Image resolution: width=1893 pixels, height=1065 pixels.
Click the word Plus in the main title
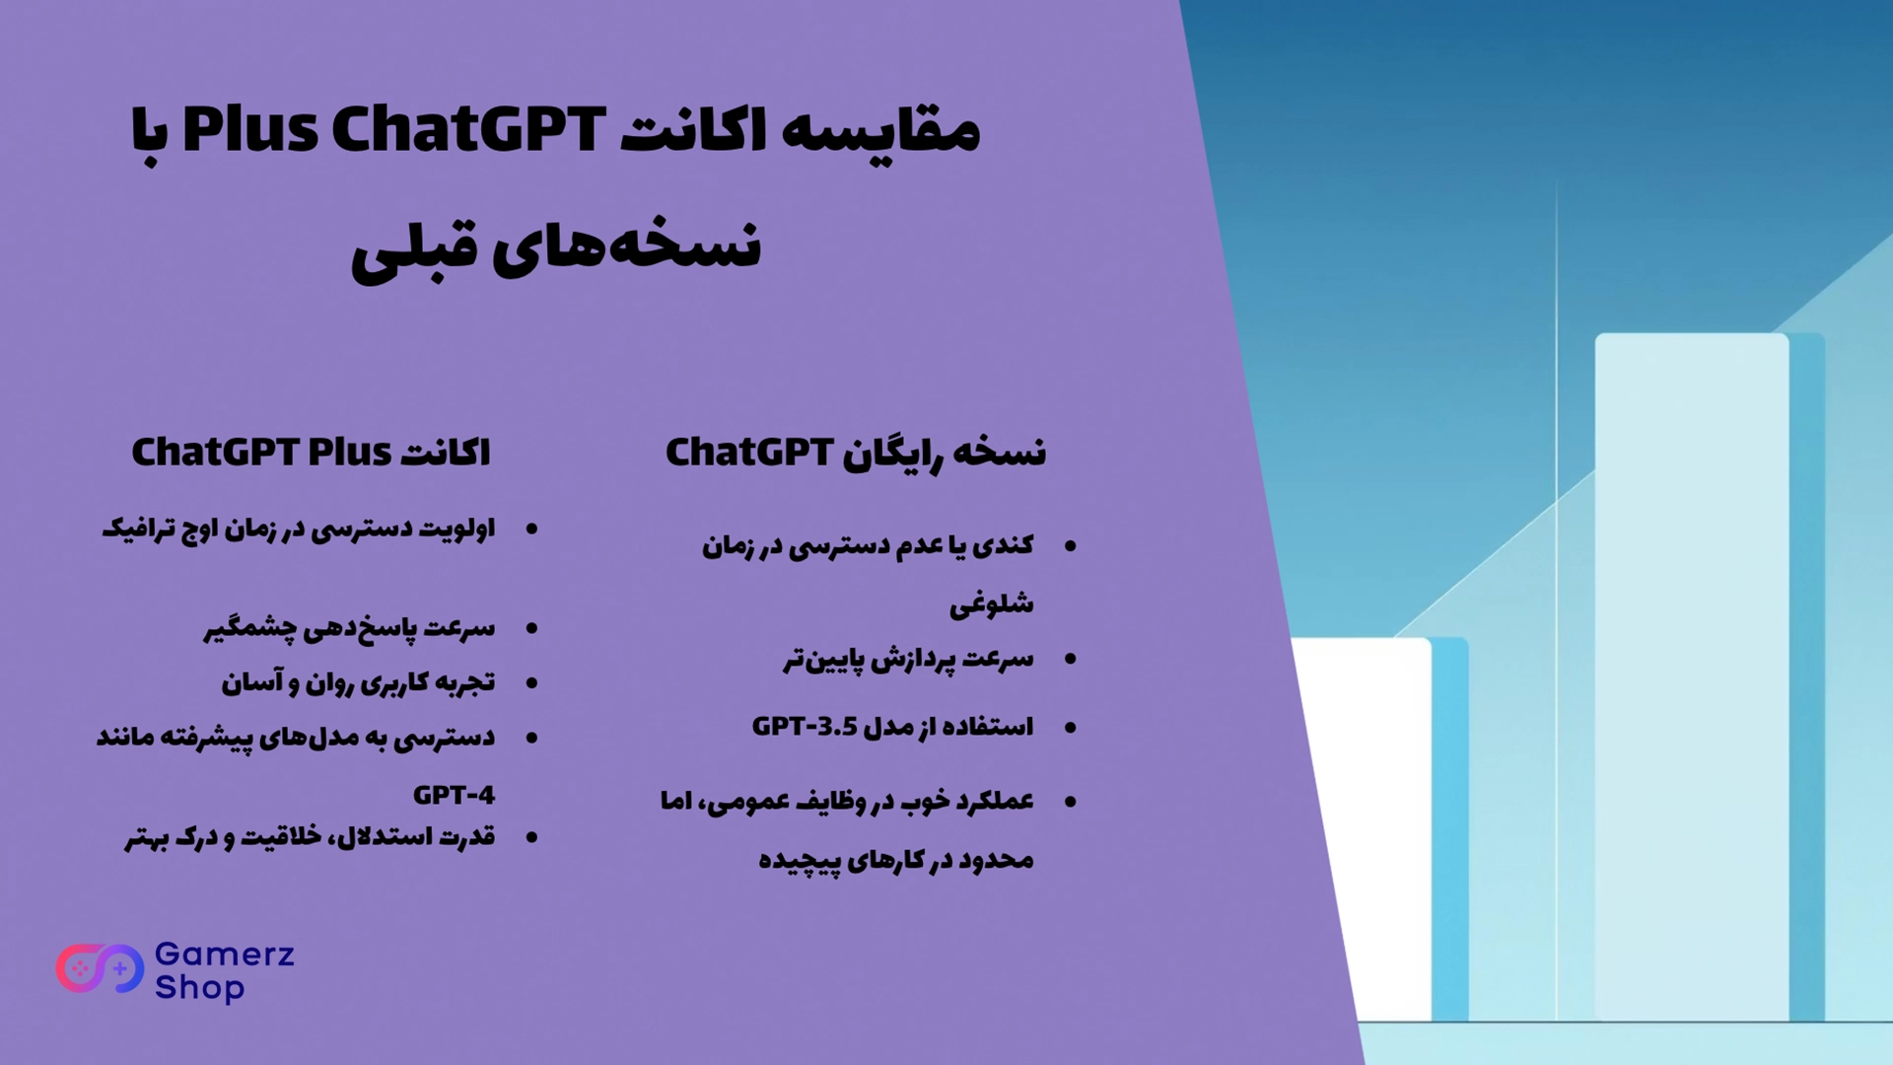(250, 130)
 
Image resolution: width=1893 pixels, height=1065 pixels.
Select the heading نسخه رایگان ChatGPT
(856, 453)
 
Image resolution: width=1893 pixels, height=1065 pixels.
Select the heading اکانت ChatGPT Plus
(312, 453)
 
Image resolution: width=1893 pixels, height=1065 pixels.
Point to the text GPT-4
(454, 795)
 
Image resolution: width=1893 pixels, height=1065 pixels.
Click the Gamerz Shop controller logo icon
(100, 969)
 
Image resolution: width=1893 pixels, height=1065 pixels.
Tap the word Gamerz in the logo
(225, 955)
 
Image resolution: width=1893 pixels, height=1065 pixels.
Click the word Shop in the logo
(200, 987)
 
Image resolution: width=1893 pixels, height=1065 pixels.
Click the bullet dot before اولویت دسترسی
(532, 531)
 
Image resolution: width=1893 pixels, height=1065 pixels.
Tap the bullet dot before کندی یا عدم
(1071, 546)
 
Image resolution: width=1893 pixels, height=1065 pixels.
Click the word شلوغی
(992, 603)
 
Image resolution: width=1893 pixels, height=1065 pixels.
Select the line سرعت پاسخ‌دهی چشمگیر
(349, 629)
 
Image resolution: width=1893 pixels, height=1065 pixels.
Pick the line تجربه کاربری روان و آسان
(358, 682)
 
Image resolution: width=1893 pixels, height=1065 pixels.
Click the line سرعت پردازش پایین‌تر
(909, 659)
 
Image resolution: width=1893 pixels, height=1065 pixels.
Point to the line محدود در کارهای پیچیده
(896, 860)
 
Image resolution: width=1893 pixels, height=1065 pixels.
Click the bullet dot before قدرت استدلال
(532, 838)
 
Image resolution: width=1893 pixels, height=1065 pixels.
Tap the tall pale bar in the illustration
(1692, 676)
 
